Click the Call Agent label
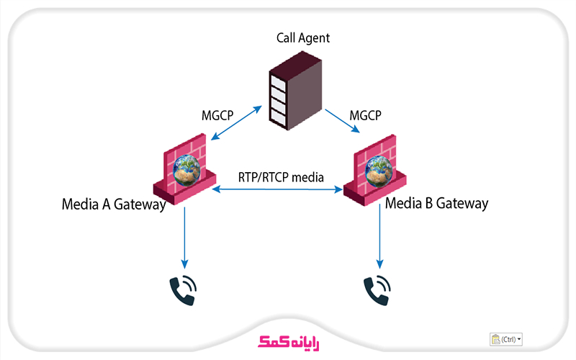pos(303,38)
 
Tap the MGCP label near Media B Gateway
pos(364,116)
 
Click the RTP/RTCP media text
pos(281,177)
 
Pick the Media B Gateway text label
pos(436,203)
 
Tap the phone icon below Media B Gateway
pos(377,289)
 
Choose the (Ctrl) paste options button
pos(505,338)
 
